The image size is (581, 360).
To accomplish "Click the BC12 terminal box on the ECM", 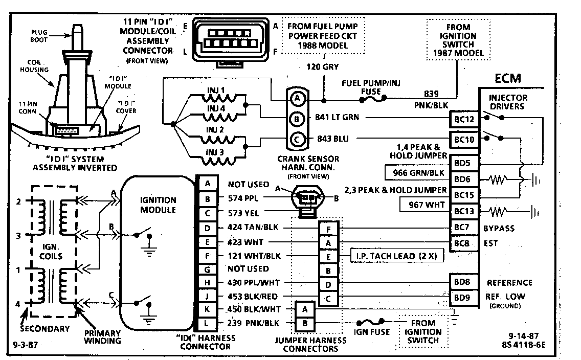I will pyautogui.click(x=464, y=120).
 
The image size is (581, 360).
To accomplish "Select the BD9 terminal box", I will pyautogui.click(x=464, y=296).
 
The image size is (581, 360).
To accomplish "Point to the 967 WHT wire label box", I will pyautogui.click(x=424, y=205).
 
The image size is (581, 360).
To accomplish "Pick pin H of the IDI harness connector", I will pyautogui.click(x=207, y=282).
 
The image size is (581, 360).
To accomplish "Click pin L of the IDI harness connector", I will pyautogui.click(x=207, y=323).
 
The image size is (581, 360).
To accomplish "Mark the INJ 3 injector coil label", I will pyautogui.click(x=215, y=151).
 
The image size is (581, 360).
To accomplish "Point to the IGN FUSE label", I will pyautogui.click(x=372, y=331).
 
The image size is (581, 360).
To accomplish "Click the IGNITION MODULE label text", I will pyautogui.click(x=158, y=205).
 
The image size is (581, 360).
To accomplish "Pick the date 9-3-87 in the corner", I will pyautogui.click(x=24, y=344).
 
